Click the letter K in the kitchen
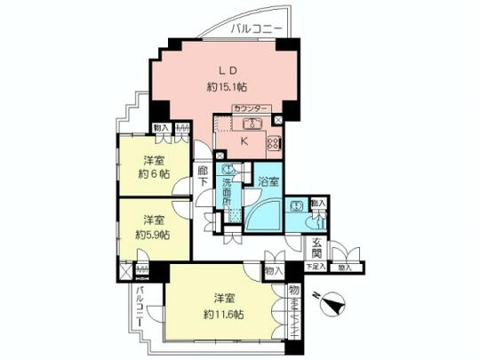(x=244, y=140)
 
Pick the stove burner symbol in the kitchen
(x=273, y=142)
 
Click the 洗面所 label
(x=228, y=189)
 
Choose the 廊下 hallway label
(x=204, y=174)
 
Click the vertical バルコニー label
(x=140, y=307)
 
